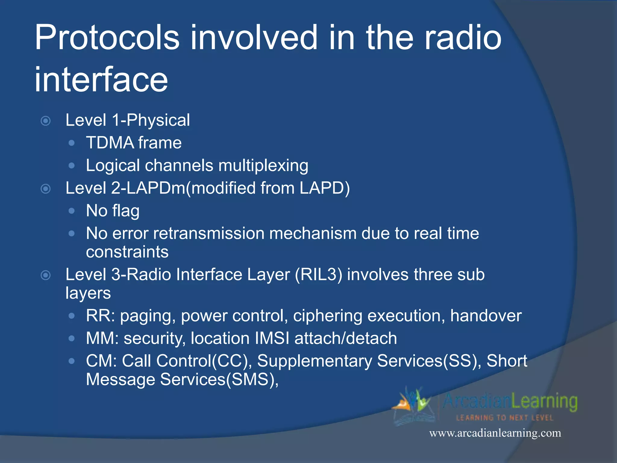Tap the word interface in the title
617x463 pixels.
(x=101, y=80)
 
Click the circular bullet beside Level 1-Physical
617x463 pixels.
(x=45, y=121)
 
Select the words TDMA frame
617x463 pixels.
(x=134, y=143)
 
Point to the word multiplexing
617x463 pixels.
(x=263, y=165)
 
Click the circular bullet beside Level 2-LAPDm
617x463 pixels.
(x=45, y=189)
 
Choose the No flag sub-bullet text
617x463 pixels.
(x=113, y=211)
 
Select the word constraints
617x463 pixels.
(x=127, y=252)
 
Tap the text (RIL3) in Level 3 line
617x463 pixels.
(x=318, y=275)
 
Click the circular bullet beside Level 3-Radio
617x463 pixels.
(x=45, y=275)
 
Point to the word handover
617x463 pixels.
(x=486, y=316)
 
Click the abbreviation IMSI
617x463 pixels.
(x=272, y=338)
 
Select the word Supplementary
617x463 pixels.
(x=315, y=361)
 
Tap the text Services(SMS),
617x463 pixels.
(x=219, y=380)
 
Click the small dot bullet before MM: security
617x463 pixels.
(x=71, y=339)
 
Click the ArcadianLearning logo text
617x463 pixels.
(x=510, y=402)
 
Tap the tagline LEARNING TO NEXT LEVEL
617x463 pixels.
(x=505, y=418)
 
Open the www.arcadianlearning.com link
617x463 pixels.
(x=495, y=433)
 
